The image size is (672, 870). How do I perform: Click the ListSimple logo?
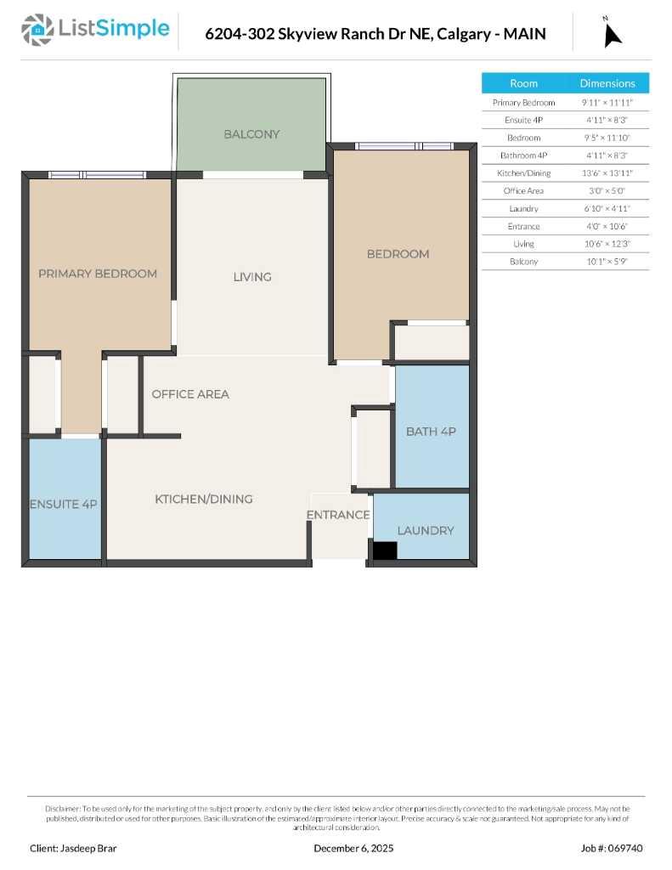pos(95,31)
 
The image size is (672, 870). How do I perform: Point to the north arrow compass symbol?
pos(612,33)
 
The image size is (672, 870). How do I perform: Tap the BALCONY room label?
pos(251,134)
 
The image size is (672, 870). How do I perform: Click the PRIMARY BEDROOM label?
pos(98,274)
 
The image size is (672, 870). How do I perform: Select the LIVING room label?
pos(252,277)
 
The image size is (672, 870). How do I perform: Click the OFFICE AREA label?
pos(190,394)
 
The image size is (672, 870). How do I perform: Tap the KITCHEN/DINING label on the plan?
pos(204,499)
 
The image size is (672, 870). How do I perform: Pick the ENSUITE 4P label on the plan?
pos(64,504)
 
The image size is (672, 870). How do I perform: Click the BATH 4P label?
pos(431,432)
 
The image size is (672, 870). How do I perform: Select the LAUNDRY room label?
pos(426,530)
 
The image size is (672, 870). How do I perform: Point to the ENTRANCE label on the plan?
pos(338,515)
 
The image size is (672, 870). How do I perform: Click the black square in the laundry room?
pos(385,551)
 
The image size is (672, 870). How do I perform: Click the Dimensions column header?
pos(607,83)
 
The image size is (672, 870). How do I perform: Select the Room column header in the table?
pos(523,83)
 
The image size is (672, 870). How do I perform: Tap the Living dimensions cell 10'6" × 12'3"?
pos(607,244)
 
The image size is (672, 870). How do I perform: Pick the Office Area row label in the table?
pos(523,191)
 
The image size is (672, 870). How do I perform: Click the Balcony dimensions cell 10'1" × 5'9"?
pos(607,262)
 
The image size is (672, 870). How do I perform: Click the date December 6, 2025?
pos(353,848)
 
